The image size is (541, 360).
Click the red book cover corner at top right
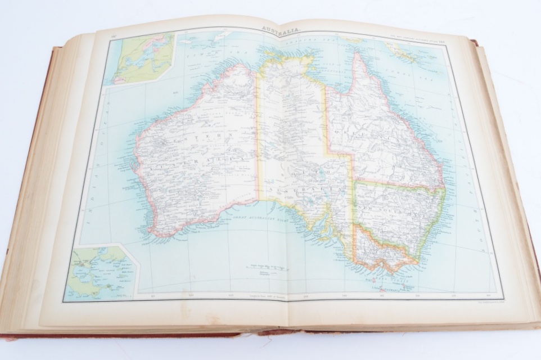[475, 42]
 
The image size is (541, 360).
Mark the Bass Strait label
[388, 272]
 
